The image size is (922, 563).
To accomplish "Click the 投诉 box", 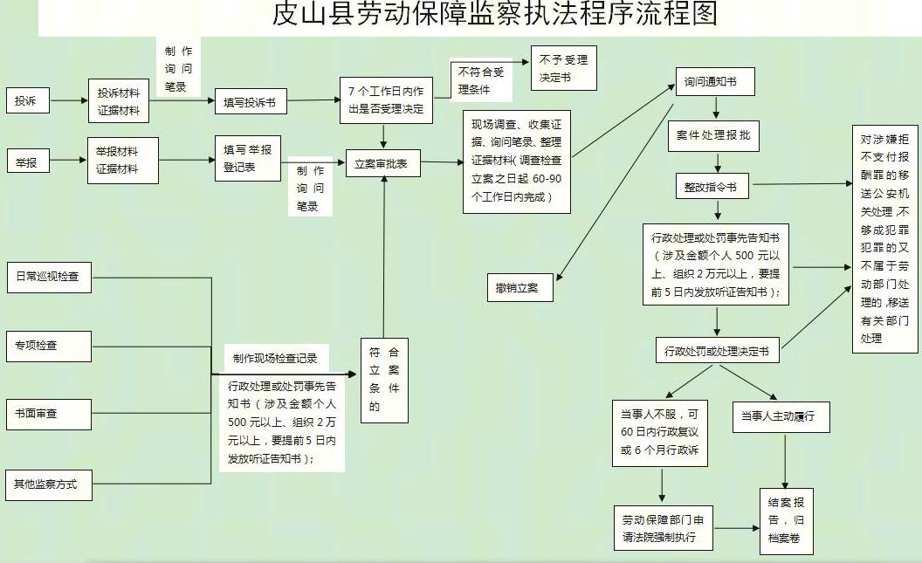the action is [28, 101].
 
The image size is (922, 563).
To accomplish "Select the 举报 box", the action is [28, 161].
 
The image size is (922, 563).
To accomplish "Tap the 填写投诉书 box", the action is [251, 102].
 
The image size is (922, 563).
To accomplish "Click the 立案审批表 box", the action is [382, 164].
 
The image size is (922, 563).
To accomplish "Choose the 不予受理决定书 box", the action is [563, 68].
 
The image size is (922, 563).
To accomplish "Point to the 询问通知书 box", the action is [715, 82].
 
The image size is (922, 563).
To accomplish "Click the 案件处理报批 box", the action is [713, 136].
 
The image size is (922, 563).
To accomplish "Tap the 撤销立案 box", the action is [519, 288].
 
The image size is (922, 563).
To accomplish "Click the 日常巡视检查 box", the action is [50, 277].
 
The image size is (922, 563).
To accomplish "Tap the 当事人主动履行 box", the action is [781, 416].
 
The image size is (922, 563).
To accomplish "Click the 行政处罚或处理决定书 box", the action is [718, 350].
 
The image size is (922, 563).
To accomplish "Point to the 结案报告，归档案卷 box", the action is [786, 521].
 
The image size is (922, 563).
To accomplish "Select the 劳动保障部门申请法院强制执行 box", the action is [664, 528].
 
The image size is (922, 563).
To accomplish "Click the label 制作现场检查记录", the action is [275, 359].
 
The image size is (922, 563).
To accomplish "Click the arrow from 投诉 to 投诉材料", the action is [69, 100].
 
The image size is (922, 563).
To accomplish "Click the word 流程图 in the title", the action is [677, 14].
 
